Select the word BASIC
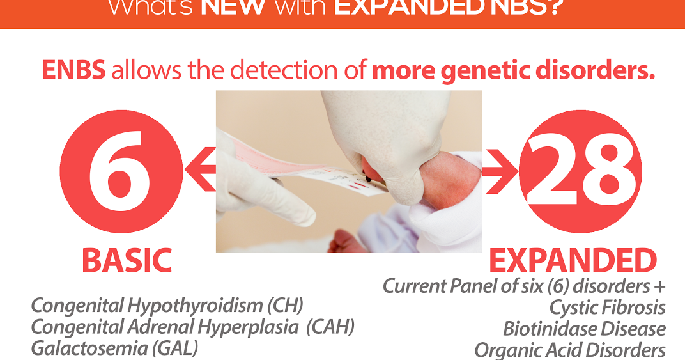(127, 261)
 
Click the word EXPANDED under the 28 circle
(573, 261)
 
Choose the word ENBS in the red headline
(74, 71)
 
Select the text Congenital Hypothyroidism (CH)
(167, 306)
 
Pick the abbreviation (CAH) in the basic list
(330, 327)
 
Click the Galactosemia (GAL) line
(114, 348)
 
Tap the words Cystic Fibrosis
(607, 308)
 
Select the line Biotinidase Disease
(584, 329)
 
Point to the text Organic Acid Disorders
(569, 350)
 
